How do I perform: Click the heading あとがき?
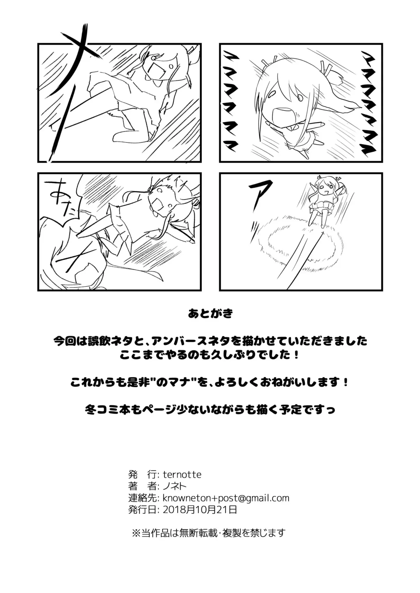[x=210, y=314]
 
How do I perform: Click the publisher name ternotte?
[x=182, y=475]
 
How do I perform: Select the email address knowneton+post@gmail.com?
[x=226, y=498]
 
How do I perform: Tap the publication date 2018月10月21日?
[x=200, y=509]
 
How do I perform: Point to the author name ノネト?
[x=175, y=486]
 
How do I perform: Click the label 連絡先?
[x=142, y=498]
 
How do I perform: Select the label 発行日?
[x=142, y=509]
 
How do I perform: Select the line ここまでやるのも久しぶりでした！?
[x=210, y=355]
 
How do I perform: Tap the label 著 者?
[x=142, y=486]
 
